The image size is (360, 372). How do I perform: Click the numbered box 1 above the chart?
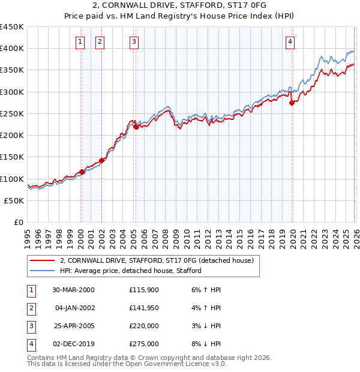(x=80, y=41)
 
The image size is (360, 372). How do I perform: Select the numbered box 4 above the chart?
(x=290, y=41)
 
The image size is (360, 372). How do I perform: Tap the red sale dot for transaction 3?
(x=136, y=127)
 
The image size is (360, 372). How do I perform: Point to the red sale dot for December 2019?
(x=292, y=103)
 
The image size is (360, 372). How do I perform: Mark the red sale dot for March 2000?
(x=82, y=172)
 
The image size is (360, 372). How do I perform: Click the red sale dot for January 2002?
(x=101, y=160)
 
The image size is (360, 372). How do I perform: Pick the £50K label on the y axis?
(x=14, y=200)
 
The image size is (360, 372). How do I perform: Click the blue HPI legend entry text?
(x=130, y=271)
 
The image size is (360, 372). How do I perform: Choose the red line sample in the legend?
(x=42, y=260)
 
